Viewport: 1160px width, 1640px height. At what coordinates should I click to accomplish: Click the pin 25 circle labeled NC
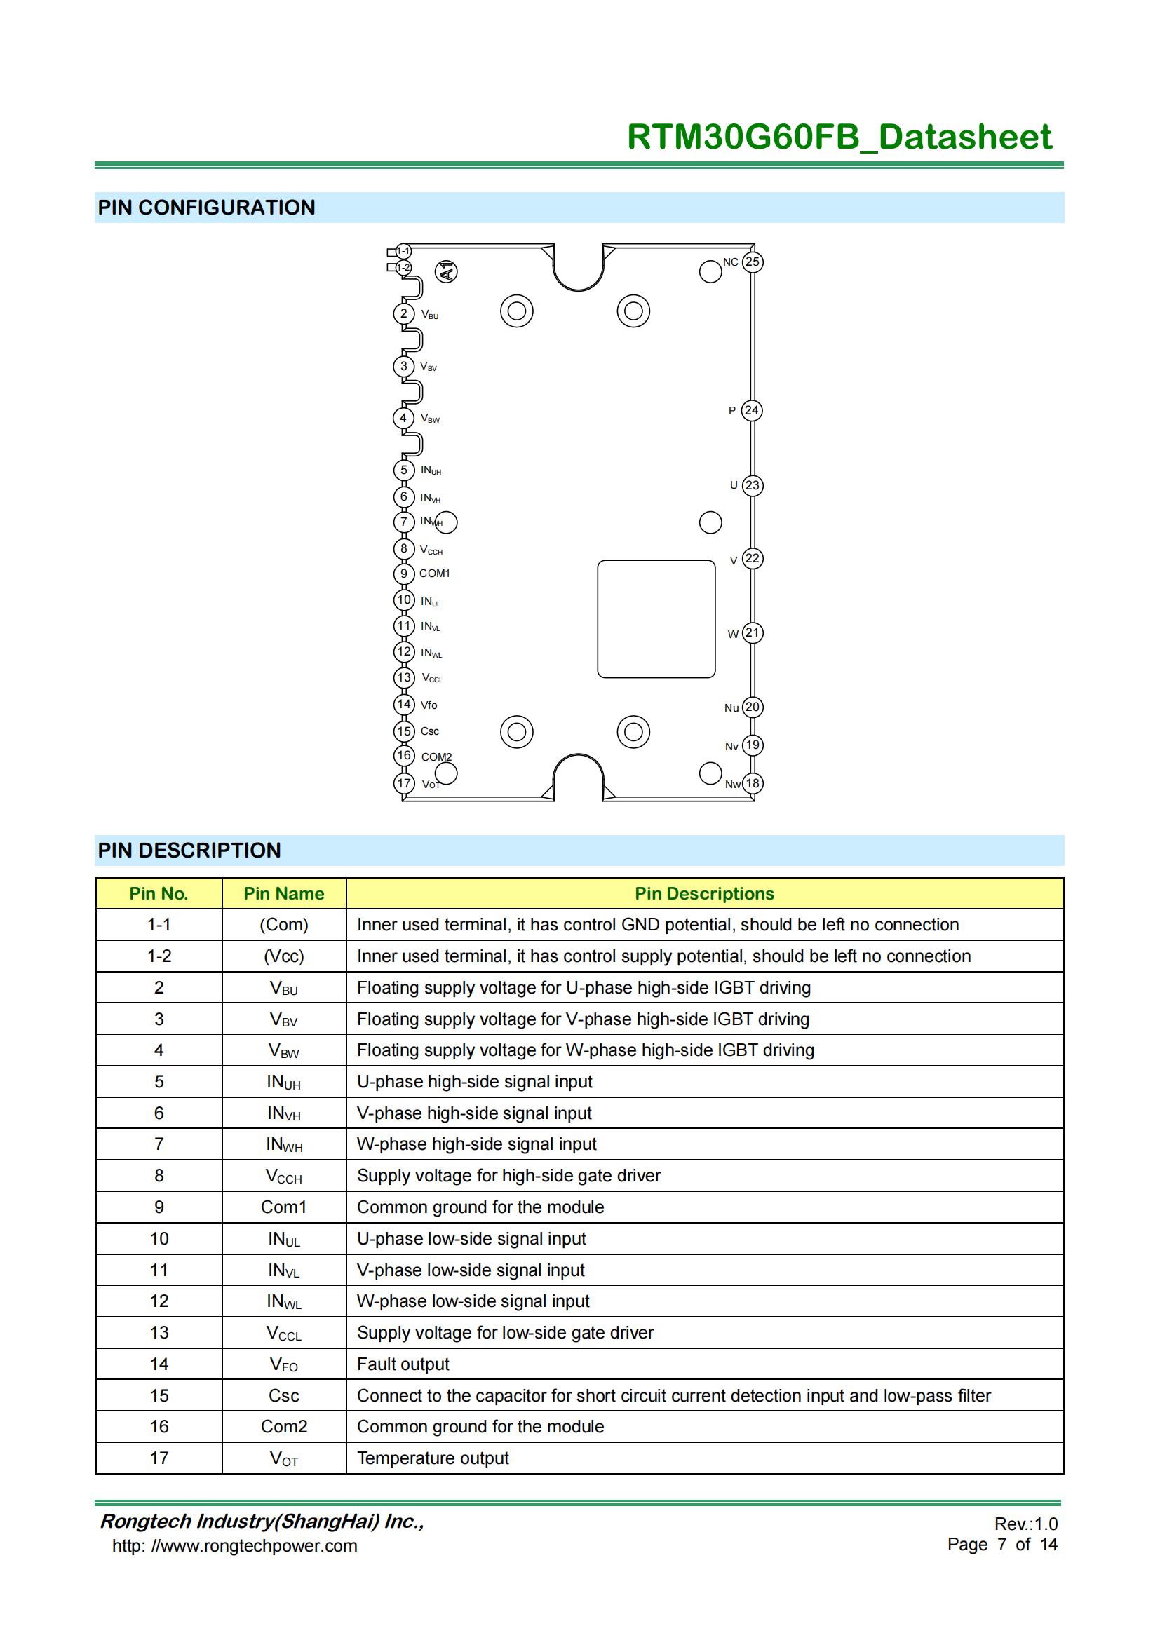pyautogui.click(x=752, y=262)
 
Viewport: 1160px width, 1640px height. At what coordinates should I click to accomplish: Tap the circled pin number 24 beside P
pyautogui.click(x=751, y=411)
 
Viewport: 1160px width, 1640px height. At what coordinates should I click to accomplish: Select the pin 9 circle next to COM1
pyautogui.click(x=403, y=574)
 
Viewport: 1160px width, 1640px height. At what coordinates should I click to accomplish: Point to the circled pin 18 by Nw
pyautogui.click(x=752, y=784)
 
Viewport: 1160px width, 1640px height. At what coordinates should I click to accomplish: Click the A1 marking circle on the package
pyautogui.click(x=447, y=271)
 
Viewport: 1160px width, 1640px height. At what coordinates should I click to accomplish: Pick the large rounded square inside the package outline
pyautogui.click(x=656, y=618)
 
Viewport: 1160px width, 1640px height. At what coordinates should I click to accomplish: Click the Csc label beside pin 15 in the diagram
pyautogui.click(x=429, y=731)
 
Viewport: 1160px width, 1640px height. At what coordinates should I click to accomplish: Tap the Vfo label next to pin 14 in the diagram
pyautogui.click(x=429, y=705)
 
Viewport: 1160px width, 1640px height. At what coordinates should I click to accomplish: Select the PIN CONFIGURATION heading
pyautogui.click(x=206, y=208)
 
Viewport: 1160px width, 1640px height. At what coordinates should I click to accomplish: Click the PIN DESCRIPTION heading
pyautogui.click(x=189, y=851)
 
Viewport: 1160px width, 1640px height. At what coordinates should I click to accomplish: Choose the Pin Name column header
pyautogui.click(x=283, y=893)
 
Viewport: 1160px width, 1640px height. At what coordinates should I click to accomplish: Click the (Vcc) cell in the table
pyautogui.click(x=283, y=956)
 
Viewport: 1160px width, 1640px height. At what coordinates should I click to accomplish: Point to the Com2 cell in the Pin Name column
pyautogui.click(x=283, y=1426)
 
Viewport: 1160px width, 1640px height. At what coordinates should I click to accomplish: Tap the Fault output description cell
pyautogui.click(x=403, y=1364)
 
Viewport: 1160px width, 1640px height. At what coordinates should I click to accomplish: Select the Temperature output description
pyautogui.click(x=433, y=1458)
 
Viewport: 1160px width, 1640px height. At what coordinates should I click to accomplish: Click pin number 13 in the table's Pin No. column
pyautogui.click(x=159, y=1333)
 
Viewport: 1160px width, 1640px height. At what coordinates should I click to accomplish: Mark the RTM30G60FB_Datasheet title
pyautogui.click(x=839, y=137)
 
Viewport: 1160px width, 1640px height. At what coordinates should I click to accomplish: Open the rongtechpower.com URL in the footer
pyautogui.click(x=234, y=1546)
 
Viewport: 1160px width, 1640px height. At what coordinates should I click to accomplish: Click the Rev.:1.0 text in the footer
pyautogui.click(x=1026, y=1524)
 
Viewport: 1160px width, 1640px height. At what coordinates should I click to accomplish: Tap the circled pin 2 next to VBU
pyautogui.click(x=403, y=313)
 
